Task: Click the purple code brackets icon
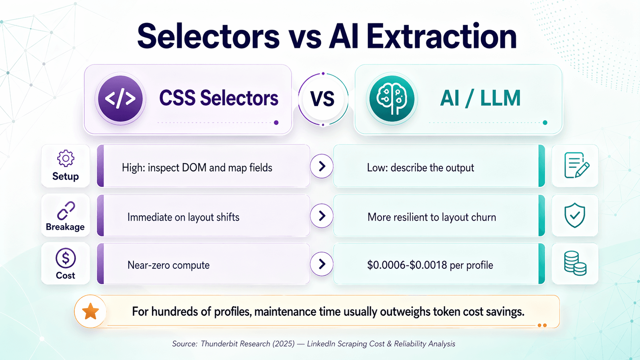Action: click(x=120, y=99)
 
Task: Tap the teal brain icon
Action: click(x=392, y=99)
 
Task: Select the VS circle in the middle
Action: click(x=323, y=99)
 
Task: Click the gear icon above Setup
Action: click(x=66, y=158)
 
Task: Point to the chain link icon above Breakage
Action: click(x=66, y=210)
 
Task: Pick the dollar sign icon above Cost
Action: click(x=66, y=258)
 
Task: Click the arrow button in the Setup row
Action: click(x=322, y=166)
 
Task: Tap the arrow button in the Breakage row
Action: click(x=322, y=216)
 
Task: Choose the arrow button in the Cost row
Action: click(x=322, y=264)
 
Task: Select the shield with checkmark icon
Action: click(x=575, y=215)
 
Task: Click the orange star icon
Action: click(x=90, y=311)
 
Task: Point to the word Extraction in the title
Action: click(x=442, y=37)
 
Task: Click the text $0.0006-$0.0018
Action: click(x=407, y=265)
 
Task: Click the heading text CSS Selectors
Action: click(x=218, y=98)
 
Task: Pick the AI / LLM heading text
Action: click(x=480, y=98)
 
